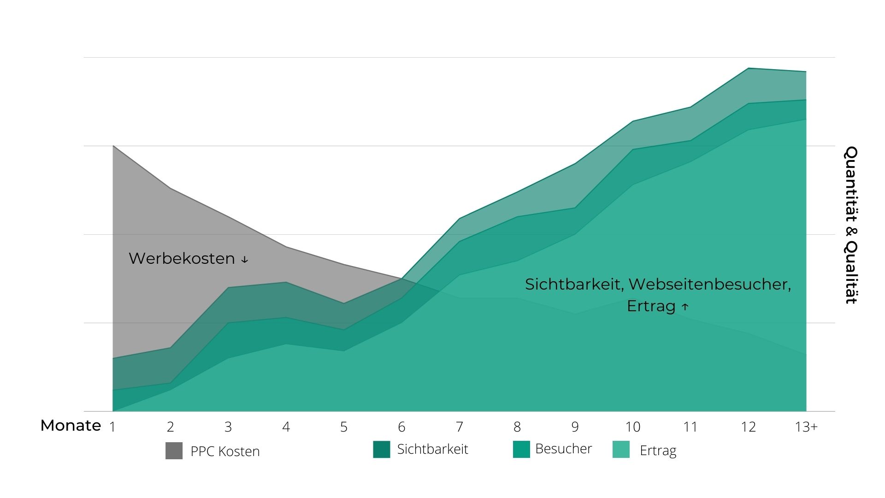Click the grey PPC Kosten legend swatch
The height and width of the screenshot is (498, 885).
click(x=174, y=451)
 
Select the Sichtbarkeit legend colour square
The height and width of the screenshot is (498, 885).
click(x=381, y=449)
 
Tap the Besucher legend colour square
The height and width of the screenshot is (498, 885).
click(x=521, y=449)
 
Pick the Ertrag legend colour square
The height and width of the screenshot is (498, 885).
click(x=621, y=449)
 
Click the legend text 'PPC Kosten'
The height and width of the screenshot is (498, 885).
click(x=225, y=451)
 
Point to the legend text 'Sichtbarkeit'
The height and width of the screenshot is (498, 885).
click(x=432, y=449)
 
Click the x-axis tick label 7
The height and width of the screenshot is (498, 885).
click(x=459, y=427)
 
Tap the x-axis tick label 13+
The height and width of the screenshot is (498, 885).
click(x=806, y=427)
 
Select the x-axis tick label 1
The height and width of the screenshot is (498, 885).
click(x=112, y=427)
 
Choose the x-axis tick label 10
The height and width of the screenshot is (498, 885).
click(x=632, y=427)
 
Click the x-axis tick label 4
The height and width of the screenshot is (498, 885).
click(x=286, y=427)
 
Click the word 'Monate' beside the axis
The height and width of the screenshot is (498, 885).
click(x=71, y=426)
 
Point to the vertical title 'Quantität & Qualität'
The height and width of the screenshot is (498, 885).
click(x=851, y=225)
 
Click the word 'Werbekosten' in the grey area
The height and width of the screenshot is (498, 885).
click(x=182, y=258)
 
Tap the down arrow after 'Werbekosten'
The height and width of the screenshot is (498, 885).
click(x=244, y=260)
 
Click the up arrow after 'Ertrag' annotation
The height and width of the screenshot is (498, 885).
click(x=685, y=307)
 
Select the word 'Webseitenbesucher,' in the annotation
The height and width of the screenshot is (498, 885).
click(x=710, y=285)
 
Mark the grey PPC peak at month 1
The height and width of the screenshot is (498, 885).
click(x=113, y=146)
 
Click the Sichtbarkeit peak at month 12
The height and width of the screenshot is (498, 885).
click(x=749, y=68)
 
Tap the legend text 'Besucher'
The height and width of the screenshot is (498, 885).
click(x=563, y=449)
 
